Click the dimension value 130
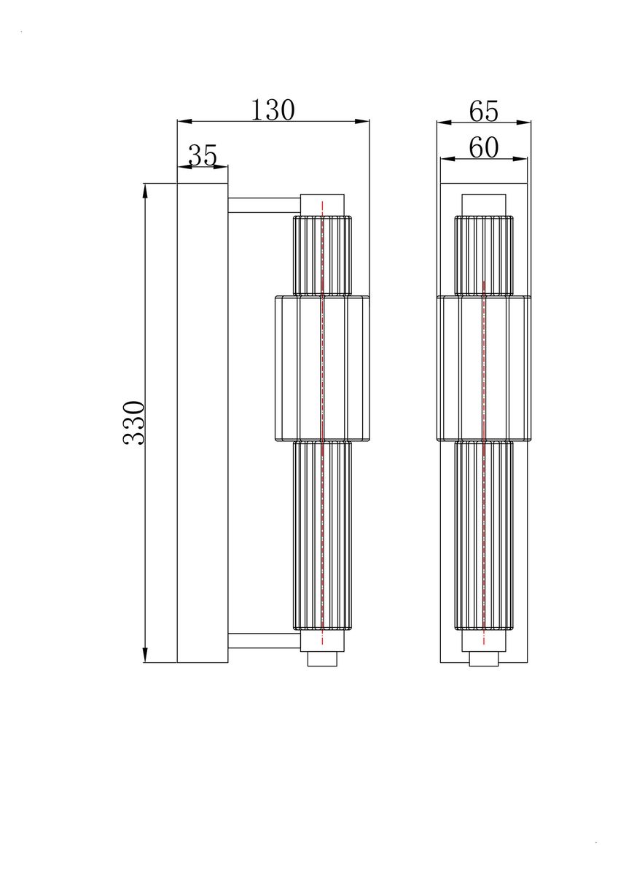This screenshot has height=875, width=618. tap(273, 110)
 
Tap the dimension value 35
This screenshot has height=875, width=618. tap(203, 155)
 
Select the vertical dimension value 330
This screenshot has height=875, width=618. tap(134, 422)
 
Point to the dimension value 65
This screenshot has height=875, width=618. tap(483, 112)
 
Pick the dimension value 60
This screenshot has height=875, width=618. tap(483, 148)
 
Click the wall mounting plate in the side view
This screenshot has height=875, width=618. tap(203, 423)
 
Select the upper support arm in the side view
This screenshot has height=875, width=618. tap(264, 205)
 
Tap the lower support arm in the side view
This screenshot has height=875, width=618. tap(264, 641)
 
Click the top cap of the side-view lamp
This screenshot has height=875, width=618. tap(322, 204)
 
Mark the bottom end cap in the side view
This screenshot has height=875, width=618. tap(322, 658)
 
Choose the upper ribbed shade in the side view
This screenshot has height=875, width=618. tap(322, 255)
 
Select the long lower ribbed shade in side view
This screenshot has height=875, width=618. tap(322, 536)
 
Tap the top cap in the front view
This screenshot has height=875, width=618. tap(484, 205)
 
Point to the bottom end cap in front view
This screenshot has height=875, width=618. tap(484, 658)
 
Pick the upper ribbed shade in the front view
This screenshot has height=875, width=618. tap(484, 255)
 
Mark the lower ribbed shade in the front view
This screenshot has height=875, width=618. tap(484, 536)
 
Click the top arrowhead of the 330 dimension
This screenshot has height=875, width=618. tap(146, 190)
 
